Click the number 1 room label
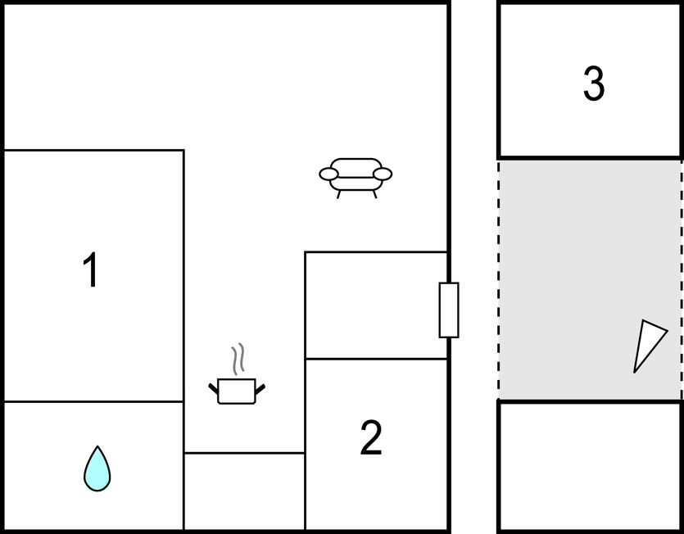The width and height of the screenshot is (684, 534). click(91, 269)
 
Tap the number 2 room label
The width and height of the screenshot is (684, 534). click(371, 437)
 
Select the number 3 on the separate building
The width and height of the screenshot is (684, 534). click(594, 84)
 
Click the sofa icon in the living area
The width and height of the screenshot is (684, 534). click(356, 178)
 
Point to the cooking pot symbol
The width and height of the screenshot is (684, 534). click(237, 391)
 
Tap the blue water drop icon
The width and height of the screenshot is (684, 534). click(97, 469)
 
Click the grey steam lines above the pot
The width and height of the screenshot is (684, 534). click(238, 359)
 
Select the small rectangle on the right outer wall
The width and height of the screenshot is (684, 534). click(449, 310)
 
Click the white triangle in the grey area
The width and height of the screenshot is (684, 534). click(648, 345)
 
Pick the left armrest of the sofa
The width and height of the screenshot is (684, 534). click(329, 174)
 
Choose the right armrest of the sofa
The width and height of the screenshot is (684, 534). click(383, 174)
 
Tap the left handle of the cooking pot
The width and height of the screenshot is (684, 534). click(213, 388)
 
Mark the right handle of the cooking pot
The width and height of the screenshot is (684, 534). click(260, 389)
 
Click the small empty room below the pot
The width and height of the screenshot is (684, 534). click(244, 491)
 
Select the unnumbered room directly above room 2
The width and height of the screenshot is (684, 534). click(376, 305)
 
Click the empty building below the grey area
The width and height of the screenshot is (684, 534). click(591, 466)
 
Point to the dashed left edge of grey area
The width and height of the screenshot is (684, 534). click(499, 279)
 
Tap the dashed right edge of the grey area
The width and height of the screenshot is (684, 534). click(682, 279)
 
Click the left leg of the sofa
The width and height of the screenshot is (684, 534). click(338, 195)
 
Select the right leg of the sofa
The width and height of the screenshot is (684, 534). click(374, 195)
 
